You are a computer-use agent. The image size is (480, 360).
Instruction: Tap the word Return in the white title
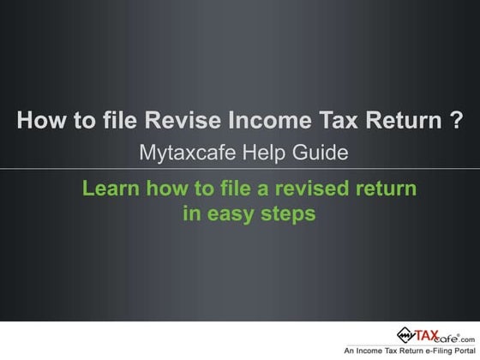pyautogui.click(x=395, y=121)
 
